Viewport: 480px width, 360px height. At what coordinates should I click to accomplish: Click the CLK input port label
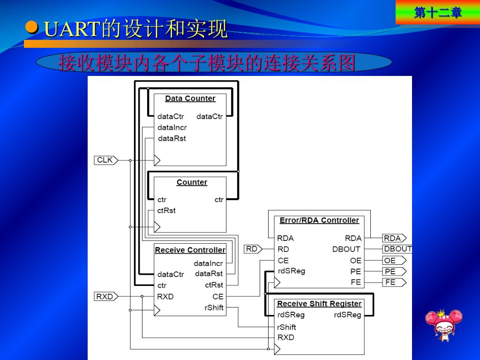click(x=105, y=160)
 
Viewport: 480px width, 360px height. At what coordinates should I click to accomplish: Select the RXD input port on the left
click(x=105, y=297)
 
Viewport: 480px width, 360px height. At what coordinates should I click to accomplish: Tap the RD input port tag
click(x=252, y=249)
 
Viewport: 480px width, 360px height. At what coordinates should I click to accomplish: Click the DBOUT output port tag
click(x=397, y=249)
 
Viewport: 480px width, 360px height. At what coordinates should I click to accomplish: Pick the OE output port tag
click(x=392, y=261)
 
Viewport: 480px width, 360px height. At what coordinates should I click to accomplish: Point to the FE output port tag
click(x=392, y=282)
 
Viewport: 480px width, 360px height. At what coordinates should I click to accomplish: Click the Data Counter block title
click(x=190, y=98)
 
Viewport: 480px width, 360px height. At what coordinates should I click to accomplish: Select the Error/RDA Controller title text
click(x=319, y=220)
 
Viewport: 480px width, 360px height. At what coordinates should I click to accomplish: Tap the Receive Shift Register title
click(x=319, y=304)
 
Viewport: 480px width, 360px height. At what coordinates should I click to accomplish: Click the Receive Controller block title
click(x=190, y=250)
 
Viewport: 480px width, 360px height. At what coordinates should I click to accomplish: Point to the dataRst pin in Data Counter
click(x=172, y=138)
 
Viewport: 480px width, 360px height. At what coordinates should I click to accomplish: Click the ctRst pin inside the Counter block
click(x=166, y=210)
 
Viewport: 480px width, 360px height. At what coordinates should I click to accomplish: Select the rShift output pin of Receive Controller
click(x=214, y=307)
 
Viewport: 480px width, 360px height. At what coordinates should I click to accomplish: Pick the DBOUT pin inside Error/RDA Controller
click(x=346, y=249)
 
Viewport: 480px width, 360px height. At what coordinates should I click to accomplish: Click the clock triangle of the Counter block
click(x=157, y=227)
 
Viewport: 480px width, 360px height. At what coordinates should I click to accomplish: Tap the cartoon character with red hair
click(x=443, y=325)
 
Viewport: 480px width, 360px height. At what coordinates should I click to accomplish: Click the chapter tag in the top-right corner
click(x=437, y=13)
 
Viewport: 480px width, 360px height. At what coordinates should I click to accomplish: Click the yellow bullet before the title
click(x=32, y=28)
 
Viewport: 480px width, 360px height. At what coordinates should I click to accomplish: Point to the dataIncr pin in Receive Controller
click(x=208, y=263)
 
